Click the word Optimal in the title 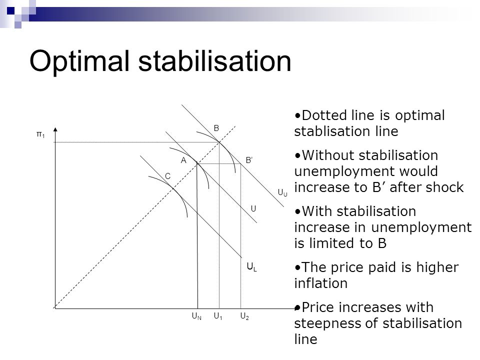click(79, 61)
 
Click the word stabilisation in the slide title click(214, 60)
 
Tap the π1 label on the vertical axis click(40, 134)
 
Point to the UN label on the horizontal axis click(196, 316)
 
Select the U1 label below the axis click(218, 316)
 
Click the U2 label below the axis click(244, 316)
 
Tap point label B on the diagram click(216, 128)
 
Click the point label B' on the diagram click(249, 160)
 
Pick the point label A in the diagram click(183, 160)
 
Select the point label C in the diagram click(168, 176)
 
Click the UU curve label click(282, 193)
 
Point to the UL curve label click(251, 267)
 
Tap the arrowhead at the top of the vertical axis click(55, 130)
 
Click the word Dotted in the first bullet click(322, 115)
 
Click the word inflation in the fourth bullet click(321, 283)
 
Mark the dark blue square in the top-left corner click(10, 11)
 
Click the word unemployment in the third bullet click(421, 227)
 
